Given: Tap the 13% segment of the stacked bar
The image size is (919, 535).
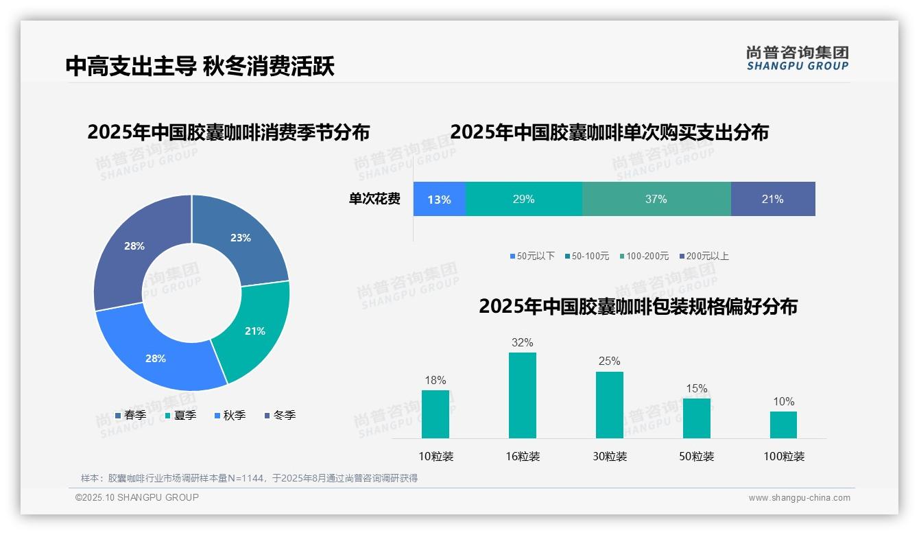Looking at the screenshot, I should coord(440,200).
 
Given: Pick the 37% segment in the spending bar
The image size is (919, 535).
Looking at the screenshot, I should coord(656,200).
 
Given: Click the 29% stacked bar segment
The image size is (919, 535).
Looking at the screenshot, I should coord(524,200).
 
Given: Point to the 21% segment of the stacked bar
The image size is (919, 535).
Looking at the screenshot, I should coord(773,200).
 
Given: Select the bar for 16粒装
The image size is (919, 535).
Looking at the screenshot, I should coord(522,396).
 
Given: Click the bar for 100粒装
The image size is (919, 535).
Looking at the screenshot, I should coord(783,425).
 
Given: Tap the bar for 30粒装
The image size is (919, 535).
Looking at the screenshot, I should coord(609,405).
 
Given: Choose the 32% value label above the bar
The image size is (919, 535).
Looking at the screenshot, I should coord(522,342).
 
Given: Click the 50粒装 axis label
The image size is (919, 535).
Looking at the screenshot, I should coord(697,456).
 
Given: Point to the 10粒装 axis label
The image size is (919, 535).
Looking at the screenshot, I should coord(436,456).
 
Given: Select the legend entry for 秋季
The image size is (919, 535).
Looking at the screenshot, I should coord(230,415).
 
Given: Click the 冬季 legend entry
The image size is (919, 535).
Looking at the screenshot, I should coord(280,415).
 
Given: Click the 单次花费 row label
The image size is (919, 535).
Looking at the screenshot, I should coord(374,200).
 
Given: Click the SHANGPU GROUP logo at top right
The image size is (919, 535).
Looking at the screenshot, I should coord(797,58).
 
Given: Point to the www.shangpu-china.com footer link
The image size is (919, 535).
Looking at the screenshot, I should coord(799,498).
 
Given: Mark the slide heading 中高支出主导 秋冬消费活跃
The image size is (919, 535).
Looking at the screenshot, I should coord(200,67).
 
